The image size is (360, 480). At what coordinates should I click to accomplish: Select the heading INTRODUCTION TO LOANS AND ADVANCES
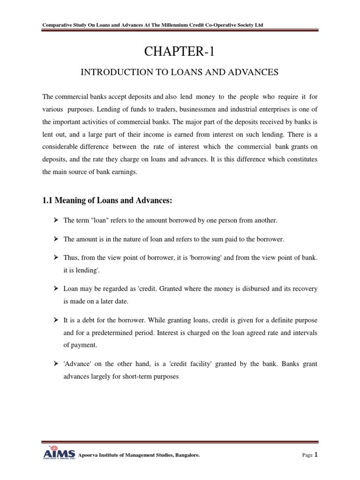(180, 72)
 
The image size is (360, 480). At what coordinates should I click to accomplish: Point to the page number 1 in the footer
(316, 454)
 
